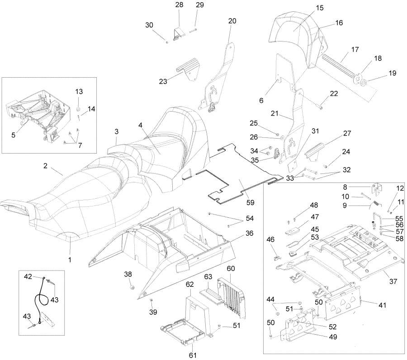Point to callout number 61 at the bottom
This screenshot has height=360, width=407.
(x=193, y=355)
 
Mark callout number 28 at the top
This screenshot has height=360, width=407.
(x=180, y=5)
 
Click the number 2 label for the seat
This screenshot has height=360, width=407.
(x=45, y=166)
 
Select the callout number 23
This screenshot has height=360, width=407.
(x=163, y=81)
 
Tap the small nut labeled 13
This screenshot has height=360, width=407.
(x=78, y=109)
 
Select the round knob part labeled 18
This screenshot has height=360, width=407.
(x=360, y=77)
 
